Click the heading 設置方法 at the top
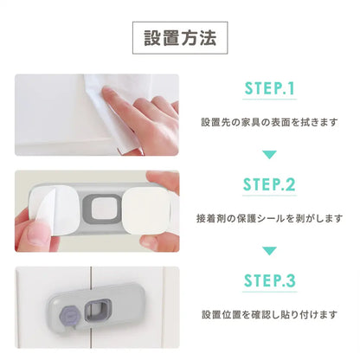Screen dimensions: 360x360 pyautogui.click(x=180, y=38)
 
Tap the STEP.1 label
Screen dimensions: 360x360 pyautogui.click(x=269, y=90)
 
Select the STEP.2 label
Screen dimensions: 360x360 pyautogui.click(x=269, y=185)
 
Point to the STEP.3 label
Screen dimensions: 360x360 pyautogui.click(x=269, y=281)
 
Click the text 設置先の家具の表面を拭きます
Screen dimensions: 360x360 pyautogui.click(x=269, y=123)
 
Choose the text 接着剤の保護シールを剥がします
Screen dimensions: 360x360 pyautogui.click(x=269, y=218)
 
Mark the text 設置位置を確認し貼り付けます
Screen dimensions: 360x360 pyautogui.click(x=269, y=314)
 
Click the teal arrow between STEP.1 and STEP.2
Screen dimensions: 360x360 pyautogui.click(x=269, y=154)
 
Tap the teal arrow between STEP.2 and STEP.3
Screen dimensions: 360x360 pyautogui.click(x=269, y=250)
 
